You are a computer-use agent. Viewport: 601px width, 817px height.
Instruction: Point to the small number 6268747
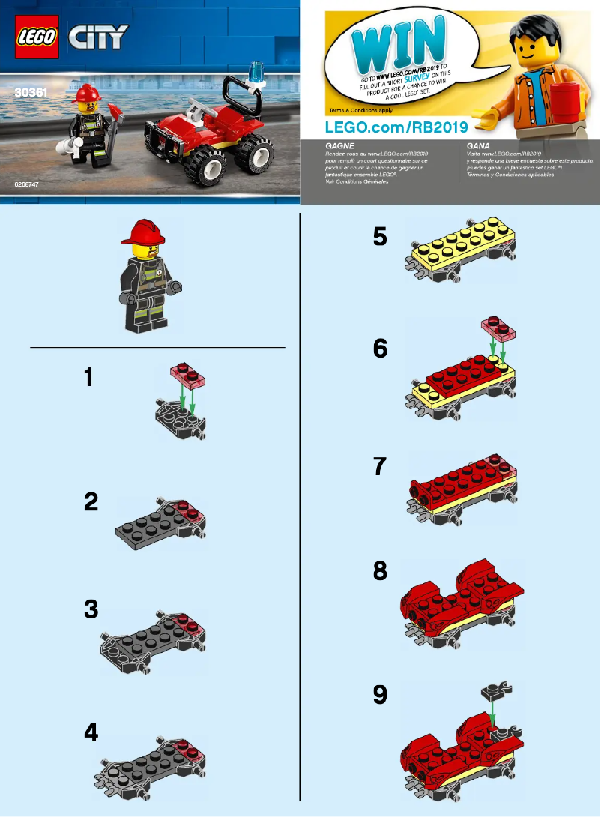tap(28, 184)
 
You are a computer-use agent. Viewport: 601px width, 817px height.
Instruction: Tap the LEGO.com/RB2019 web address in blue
tap(397, 126)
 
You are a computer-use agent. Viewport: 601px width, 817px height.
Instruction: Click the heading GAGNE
tap(318, 147)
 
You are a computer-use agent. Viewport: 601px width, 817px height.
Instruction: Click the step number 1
tap(89, 378)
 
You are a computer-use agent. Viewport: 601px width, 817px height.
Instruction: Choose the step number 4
tap(91, 732)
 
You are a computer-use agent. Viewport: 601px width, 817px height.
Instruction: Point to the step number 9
tap(381, 696)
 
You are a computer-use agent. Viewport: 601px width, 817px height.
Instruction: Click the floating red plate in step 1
tap(187, 373)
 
